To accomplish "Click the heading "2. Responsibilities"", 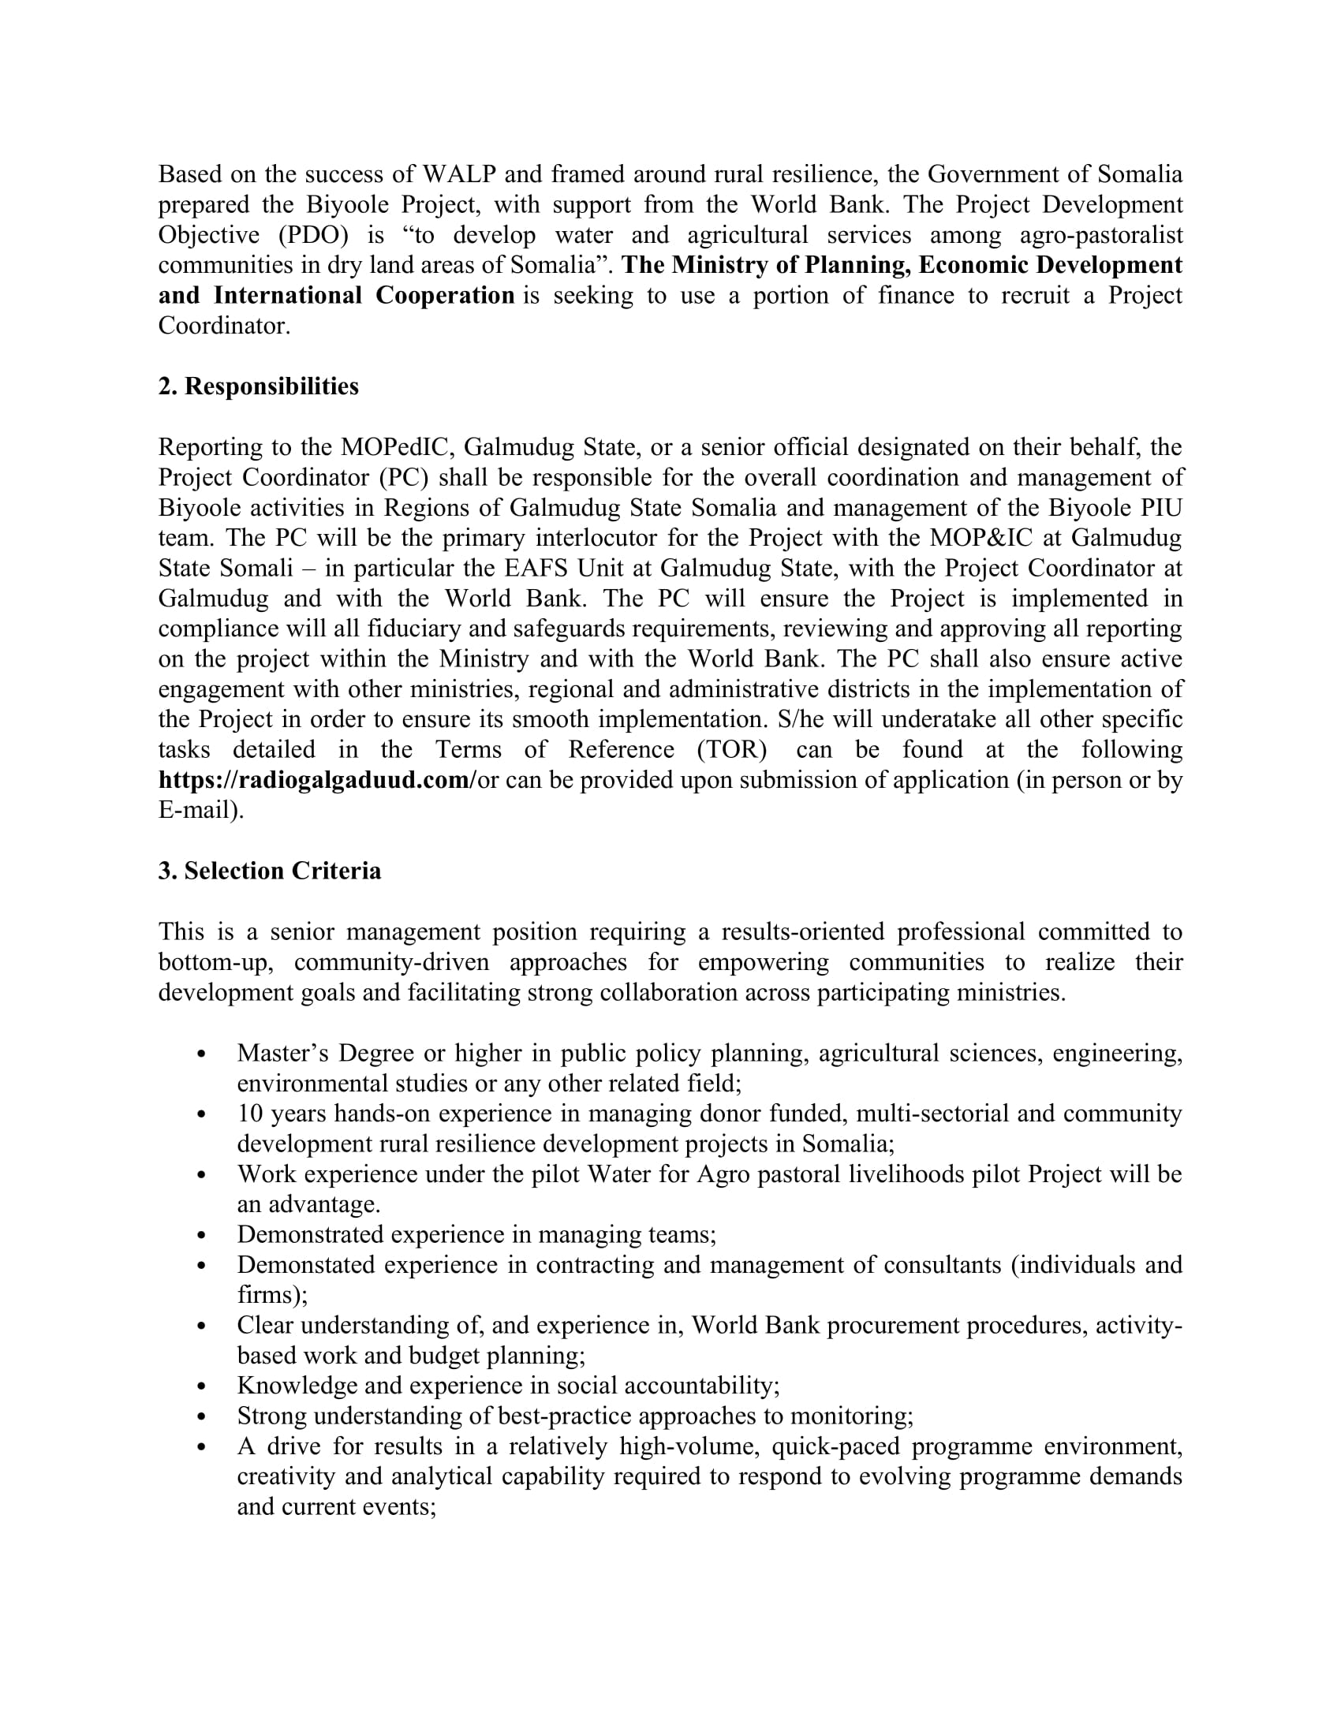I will coord(258,386).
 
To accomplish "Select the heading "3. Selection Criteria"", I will coord(269,871).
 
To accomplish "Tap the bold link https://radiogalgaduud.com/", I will coord(317,780).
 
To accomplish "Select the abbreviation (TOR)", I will coord(732,750).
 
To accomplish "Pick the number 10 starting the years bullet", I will coord(249,1114).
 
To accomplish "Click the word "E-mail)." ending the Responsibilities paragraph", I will coord(201,810).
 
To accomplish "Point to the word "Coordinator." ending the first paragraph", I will coord(224,326).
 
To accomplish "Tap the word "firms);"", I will coord(271,1295).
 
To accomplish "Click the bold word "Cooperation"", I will coord(445,296).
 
